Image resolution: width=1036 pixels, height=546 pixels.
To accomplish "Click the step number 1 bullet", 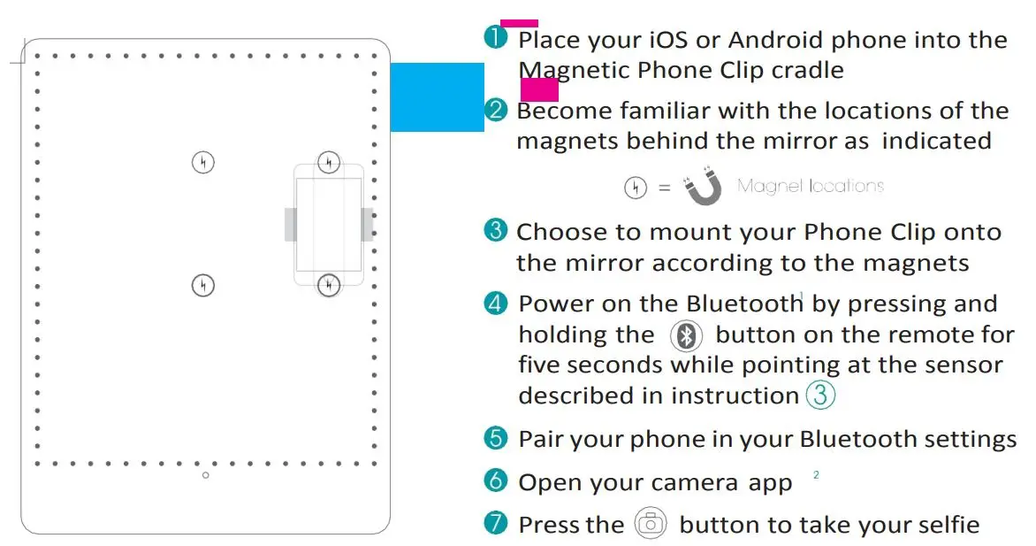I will coord(495,37).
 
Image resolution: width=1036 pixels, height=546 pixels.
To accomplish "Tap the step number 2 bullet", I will coord(497,110).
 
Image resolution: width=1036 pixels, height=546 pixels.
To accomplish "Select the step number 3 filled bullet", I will coord(496,230).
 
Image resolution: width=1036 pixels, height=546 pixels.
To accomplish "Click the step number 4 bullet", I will coord(496,303).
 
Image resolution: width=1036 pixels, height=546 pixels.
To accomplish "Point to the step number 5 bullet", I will coord(496,438).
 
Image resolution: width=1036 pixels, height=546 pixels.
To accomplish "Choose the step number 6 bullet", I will coord(496,481).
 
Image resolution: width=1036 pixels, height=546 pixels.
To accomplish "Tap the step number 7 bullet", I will coord(496,523).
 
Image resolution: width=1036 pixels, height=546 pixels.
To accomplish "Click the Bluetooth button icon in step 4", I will coord(686,336).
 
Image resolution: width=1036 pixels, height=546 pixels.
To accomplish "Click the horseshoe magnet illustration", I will coord(704,187).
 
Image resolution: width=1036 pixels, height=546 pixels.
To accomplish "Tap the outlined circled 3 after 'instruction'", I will coord(820,395).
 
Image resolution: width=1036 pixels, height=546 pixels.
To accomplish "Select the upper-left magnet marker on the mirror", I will coord(203,162).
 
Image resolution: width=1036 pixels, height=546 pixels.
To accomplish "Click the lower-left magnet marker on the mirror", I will coord(203,285).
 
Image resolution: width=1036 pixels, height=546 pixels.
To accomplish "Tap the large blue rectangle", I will coord(437,96).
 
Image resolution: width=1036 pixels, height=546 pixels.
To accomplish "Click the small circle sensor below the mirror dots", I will coord(206,475).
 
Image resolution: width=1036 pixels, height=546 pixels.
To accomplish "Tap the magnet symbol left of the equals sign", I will coord(635,187).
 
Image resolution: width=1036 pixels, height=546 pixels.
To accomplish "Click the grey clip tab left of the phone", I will coord(289,224).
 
